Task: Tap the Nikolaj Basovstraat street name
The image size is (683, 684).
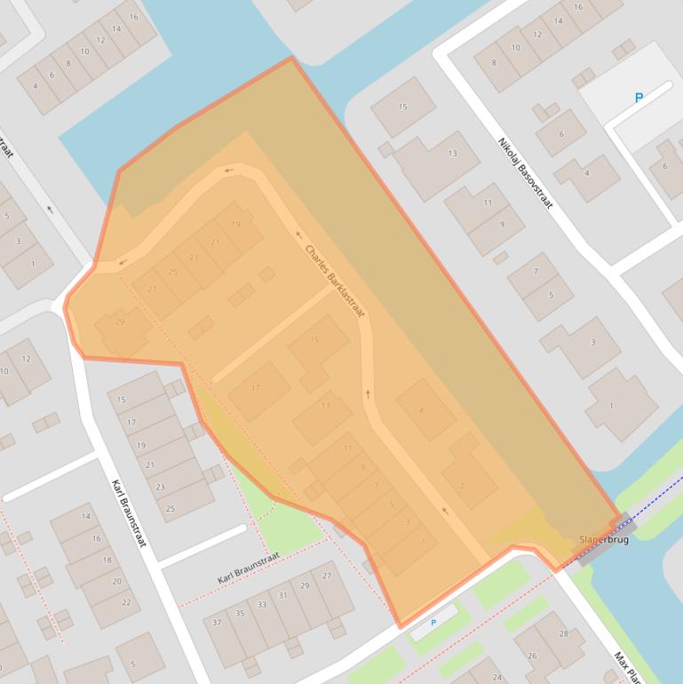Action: pyautogui.click(x=525, y=172)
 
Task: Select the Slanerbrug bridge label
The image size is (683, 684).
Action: pyautogui.click(x=603, y=539)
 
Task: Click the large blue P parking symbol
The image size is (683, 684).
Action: pyautogui.click(x=639, y=98)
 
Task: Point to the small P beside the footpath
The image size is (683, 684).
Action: pyautogui.click(x=433, y=623)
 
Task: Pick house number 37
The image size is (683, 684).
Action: pyautogui.click(x=217, y=622)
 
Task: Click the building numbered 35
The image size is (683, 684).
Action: pyautogui.click(x=240, y=613)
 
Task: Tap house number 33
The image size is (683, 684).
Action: pyautogui.click(x=261, y=604)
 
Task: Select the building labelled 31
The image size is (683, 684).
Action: pyautogui.click(x=283, y=595)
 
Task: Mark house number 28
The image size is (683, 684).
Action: pyautogui.click(x=563, y=633)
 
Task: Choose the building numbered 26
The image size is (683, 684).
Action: pyautogui.click(x=532, y=656)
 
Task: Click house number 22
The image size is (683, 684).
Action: pyautogui.click(x=125, y=602)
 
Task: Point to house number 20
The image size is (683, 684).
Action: pyautogui.click(x=116, y=582)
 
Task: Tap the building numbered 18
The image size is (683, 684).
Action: pyautogui.click(x=107, y=561)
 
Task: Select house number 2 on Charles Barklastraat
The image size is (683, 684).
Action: pyautogui.click(x=462, y=486)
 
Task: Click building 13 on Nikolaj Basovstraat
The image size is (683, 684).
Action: pyautogui.click(x=452, y=154)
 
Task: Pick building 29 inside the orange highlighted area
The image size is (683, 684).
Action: pyautogui.click(x=120, y=322)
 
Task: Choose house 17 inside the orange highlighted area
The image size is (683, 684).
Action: pyautogui.click(x=256, y=388)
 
